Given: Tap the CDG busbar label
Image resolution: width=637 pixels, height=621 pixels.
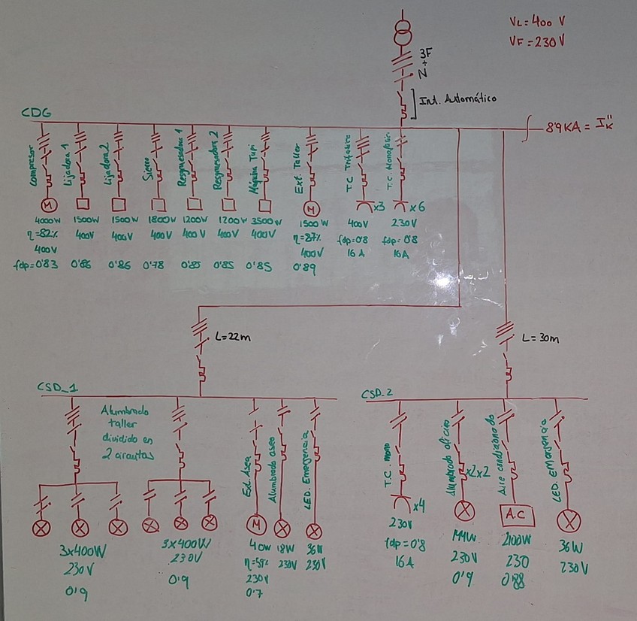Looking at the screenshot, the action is [x=36, y=113].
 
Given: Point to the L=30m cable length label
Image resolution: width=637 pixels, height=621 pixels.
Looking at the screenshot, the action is [x=542, y=339].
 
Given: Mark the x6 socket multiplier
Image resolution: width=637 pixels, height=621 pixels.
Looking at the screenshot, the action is [x=418, y=207].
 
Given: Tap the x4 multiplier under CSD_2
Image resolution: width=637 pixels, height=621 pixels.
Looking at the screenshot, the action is [x=419, y=505].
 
